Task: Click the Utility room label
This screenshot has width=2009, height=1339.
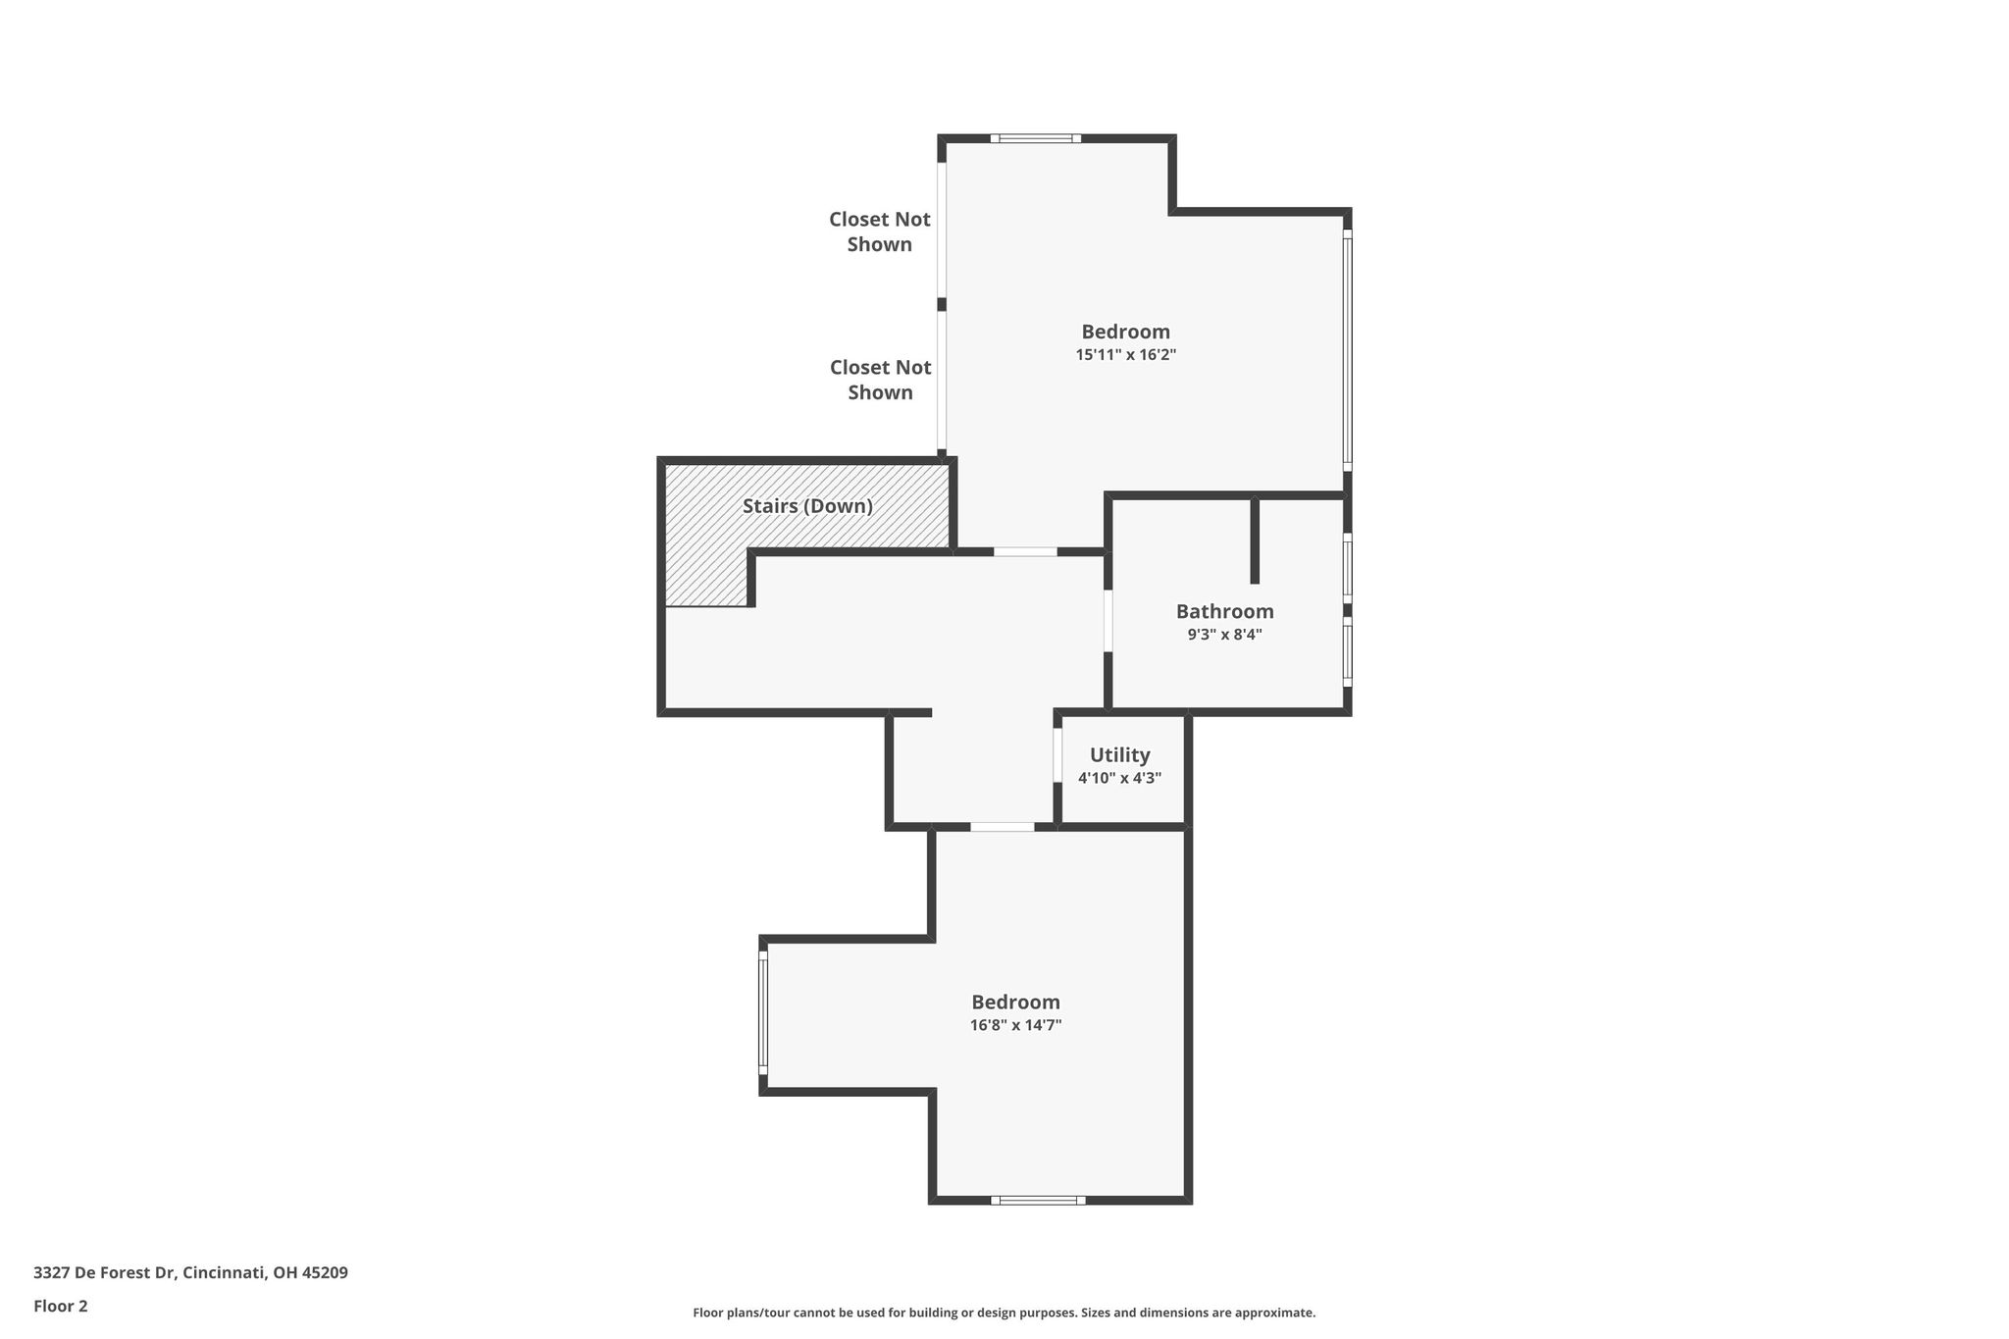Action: click(1119, 755)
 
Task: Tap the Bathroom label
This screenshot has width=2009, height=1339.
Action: click(1224, 611)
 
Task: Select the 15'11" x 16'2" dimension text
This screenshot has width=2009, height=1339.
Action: click(1125, 355)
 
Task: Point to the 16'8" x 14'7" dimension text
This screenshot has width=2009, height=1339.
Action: click(1015, 1025)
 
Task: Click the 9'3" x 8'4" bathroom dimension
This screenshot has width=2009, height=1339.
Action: click(1224, 635)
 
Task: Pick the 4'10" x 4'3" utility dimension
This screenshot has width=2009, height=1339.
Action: click(1119, 778)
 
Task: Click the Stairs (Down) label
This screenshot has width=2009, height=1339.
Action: click(807, 506)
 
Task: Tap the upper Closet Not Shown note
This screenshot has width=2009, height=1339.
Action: click(880, 232)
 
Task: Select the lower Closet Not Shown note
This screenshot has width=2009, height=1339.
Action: click(880, 380)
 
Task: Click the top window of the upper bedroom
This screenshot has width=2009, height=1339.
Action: click(1035, 138)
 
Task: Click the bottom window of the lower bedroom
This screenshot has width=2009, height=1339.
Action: click(1038, 1200)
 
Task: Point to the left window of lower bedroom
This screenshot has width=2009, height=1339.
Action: click(763, 1012)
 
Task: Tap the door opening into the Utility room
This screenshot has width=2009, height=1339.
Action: click(1057, 754)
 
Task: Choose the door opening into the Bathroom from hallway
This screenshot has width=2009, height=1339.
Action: click(1108, 620)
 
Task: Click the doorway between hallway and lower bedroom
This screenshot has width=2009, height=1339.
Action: click(1003, 827)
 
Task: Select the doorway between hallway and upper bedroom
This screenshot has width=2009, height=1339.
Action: click(1025, 552)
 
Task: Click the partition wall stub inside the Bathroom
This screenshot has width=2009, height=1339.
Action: click(1255, 541)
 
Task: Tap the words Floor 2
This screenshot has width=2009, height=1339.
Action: click(61, 1306)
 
